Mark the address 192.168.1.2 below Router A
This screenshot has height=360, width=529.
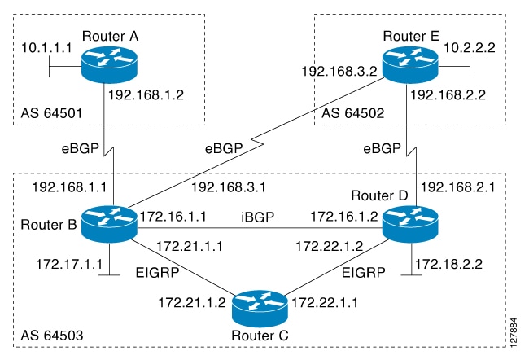[146, 94]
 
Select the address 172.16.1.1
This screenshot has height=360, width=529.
[173, 217]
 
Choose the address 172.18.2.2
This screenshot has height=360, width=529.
[448, 263]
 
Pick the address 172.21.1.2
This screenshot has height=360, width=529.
[187, 303]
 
